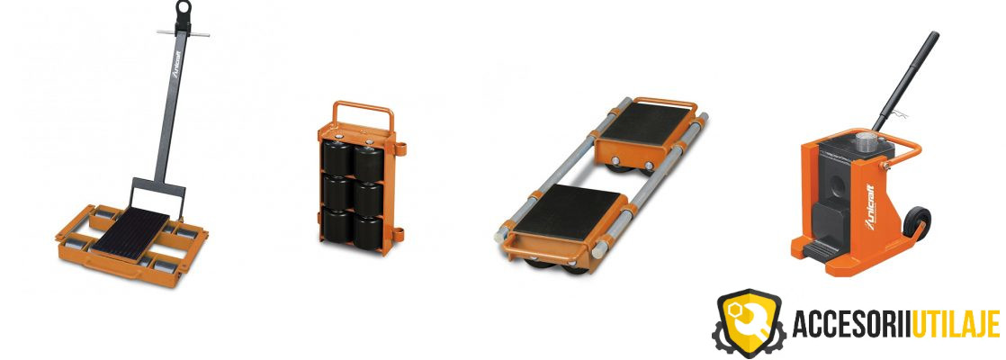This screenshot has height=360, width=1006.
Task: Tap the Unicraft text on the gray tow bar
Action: [176, 64]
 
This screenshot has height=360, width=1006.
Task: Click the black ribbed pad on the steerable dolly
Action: [130, 232]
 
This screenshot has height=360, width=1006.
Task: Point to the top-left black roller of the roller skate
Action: [337, 157]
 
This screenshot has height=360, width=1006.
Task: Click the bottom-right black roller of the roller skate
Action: [368, 231]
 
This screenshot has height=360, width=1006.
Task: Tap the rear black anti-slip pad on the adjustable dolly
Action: [646, 122]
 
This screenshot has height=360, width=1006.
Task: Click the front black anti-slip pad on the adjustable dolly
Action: [567, 211]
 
